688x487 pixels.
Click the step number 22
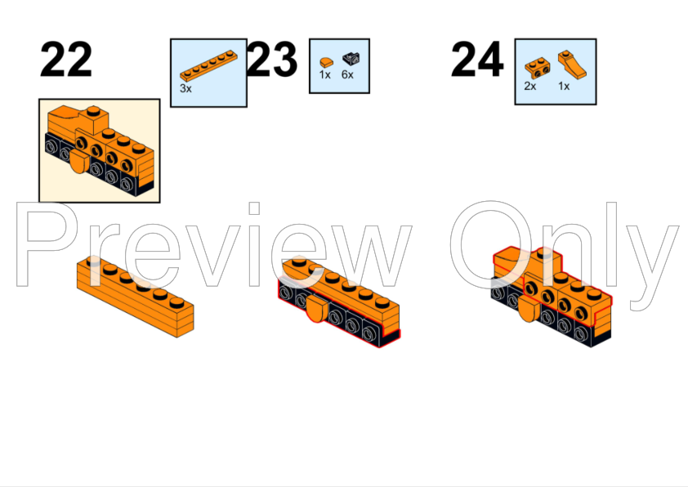pyautogui.click(x=65, y=60)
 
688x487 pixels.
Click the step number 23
pyautogui.click(x=272, y=60)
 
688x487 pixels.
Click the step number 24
pyautogui.click(x=477, y=60)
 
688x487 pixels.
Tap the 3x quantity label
pyautogui.click(x=185, y=88)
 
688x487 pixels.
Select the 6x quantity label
pyautogui.click(x=348, y=74)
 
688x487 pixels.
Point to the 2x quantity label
pyautogui.click(x=530, y=86)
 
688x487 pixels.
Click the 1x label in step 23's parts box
pyautogui.click(x=325, y=74)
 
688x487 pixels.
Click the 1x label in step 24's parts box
pyautogui.click(x=564, y=86)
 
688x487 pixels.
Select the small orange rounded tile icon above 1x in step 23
pyautogui.click(x=325, y=59)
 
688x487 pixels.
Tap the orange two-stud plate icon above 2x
pyautogui.click(x=536, y=66)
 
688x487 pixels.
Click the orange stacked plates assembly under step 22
pyautogui.click(x=136, y=296)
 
